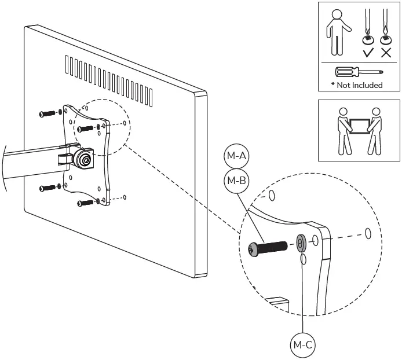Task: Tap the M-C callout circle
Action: [302, 345]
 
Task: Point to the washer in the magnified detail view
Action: [301, 243]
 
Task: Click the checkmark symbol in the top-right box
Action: [367, 53]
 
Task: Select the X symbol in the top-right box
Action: [386, 53]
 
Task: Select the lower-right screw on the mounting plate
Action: [85, 203]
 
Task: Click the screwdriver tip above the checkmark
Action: [367, 25]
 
